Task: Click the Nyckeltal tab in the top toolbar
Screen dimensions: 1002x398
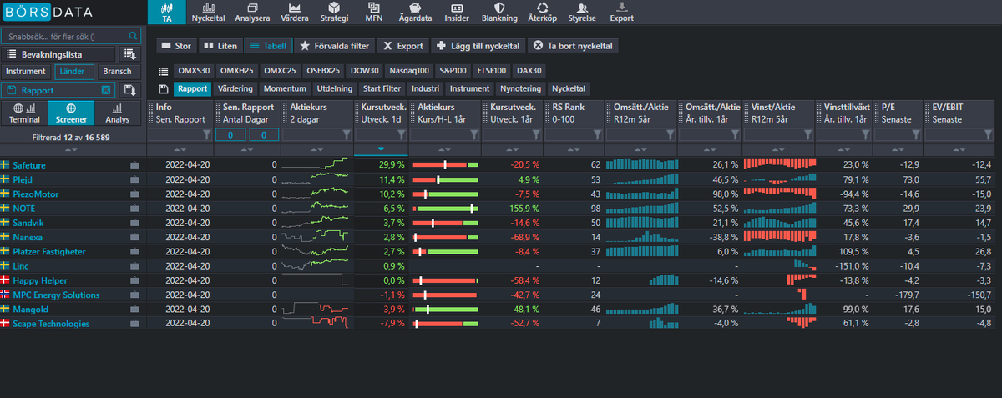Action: [208, 12]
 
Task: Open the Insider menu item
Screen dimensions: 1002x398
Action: [456, 12]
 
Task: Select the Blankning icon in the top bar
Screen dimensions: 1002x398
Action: [499, 8]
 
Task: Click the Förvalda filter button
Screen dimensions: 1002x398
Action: [334, 46]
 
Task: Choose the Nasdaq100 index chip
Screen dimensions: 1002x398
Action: [409, 71]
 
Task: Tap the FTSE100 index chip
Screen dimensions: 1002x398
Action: [491, 71]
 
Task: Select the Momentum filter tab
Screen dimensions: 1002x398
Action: [285, 88]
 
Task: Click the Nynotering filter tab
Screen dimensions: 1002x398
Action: [520, 88]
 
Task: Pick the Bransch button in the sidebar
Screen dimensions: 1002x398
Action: [117, 72]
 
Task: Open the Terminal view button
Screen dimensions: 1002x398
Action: [24, 113]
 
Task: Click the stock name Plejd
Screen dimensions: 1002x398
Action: [23, 179]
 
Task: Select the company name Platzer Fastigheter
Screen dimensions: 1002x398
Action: [49, 252]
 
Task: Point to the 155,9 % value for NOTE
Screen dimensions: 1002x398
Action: [524, 209]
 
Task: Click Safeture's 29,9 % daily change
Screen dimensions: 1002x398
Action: [392, 165]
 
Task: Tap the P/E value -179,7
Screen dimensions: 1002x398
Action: [907, 295]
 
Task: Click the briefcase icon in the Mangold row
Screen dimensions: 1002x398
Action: [134, 310]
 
